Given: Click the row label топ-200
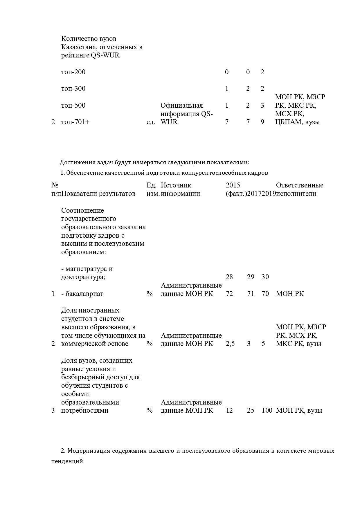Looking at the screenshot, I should pos(73,72).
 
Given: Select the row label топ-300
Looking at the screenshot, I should pos(73,89).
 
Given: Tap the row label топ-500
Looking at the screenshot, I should pos(73,105).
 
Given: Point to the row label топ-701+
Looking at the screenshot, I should pos(75,122).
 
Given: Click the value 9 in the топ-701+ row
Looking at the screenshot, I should pos(262,122).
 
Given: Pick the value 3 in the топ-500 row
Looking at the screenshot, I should pos(262,105).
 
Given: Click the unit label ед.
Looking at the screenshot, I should pos(151,122).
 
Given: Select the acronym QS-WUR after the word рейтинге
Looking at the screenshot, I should pos(105,55).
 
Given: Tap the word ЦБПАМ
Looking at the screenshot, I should pos(287,122).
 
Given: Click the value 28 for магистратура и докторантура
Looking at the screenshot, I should pos(229,277).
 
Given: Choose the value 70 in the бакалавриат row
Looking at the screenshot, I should pos(265,294).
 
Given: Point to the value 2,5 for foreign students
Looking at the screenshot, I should pos(230,344).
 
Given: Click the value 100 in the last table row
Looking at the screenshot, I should pos(267,410).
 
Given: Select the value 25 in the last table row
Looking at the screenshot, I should pos(251,410).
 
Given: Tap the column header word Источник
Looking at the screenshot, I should pos(176,185).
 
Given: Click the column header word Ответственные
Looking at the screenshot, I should pos(300,185).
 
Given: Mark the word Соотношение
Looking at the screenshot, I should pos(82,210).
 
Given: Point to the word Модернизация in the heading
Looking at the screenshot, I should pos(89,451).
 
